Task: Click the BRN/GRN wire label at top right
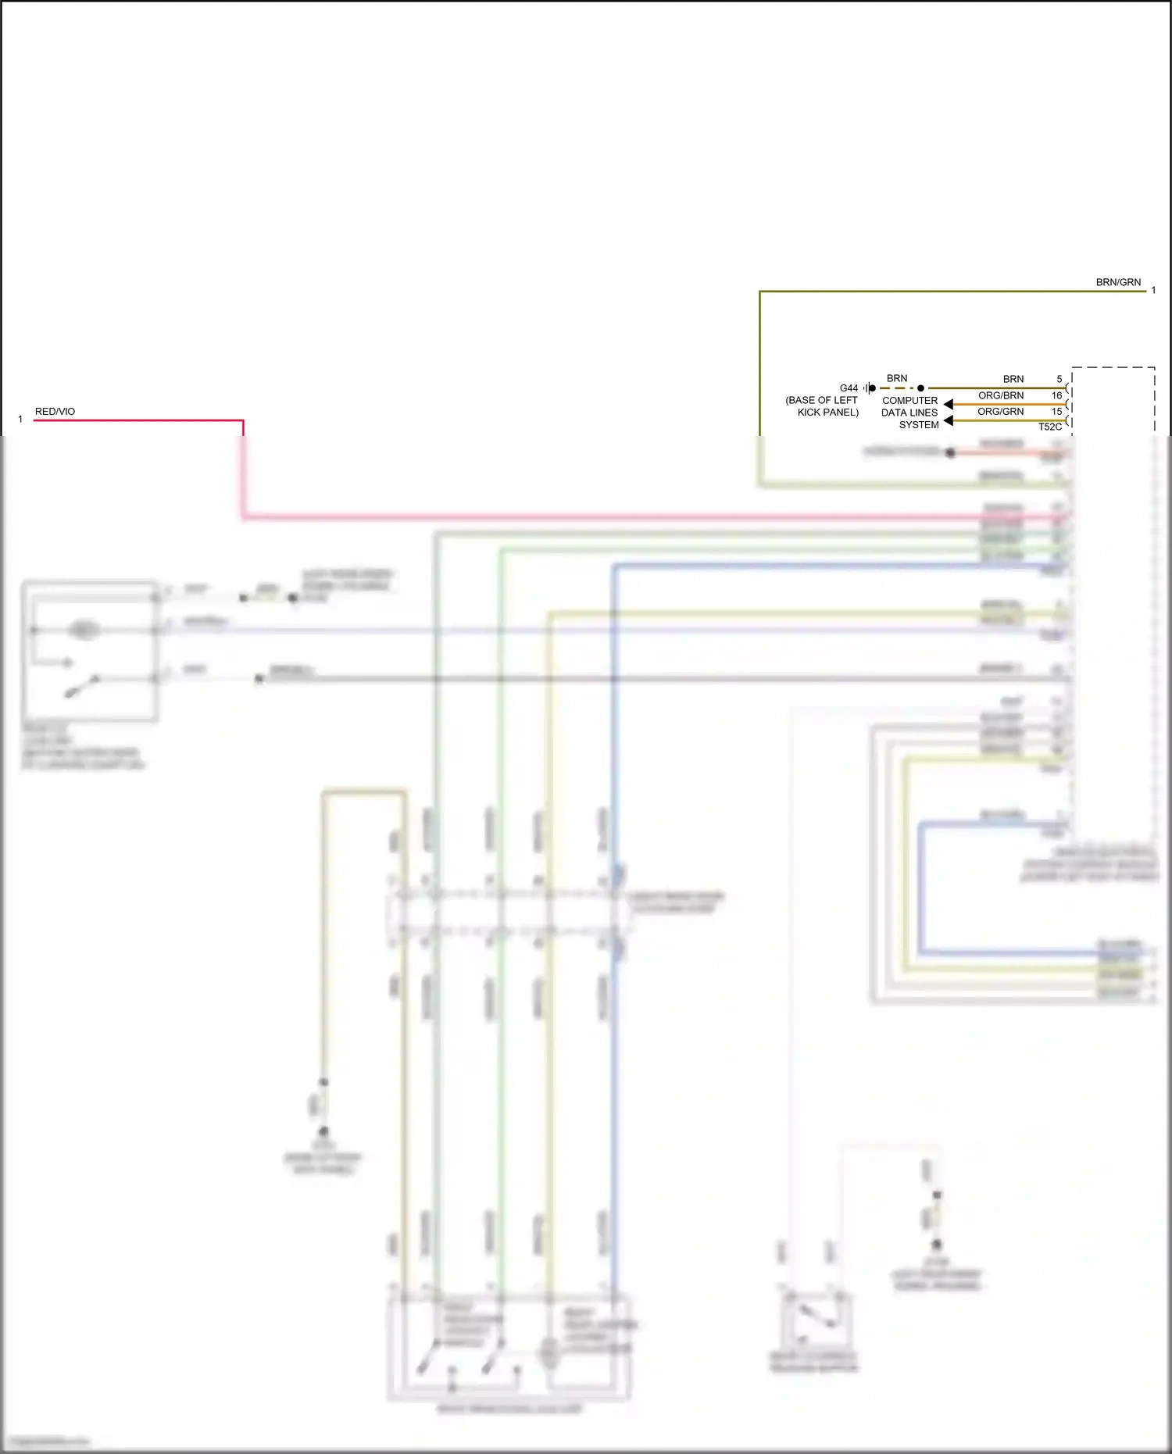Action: (1118, 282)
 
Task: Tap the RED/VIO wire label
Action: (55, 412)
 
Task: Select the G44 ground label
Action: (849, 388)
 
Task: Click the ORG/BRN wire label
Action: (1001, 395)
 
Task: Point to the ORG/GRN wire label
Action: (1000, 412)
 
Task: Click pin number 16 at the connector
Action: (1056, 395)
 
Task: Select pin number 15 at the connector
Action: (1056, 412)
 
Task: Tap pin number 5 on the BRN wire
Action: (1059, 379)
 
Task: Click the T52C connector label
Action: (1050, 427)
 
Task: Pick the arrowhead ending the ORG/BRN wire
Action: (948, 404)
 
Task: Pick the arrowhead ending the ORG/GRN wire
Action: (948, 420)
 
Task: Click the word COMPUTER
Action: (909, 400)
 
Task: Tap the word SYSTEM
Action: (919, 425)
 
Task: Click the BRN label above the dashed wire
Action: (897, 378)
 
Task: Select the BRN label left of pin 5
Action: (1013, 379)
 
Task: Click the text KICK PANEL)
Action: (827, 413)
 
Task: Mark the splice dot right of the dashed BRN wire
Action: (920, 388)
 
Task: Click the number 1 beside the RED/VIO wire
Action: (20, 420)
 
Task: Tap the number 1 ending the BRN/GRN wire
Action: (1153, 291)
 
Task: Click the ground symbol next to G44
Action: (867, 388)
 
